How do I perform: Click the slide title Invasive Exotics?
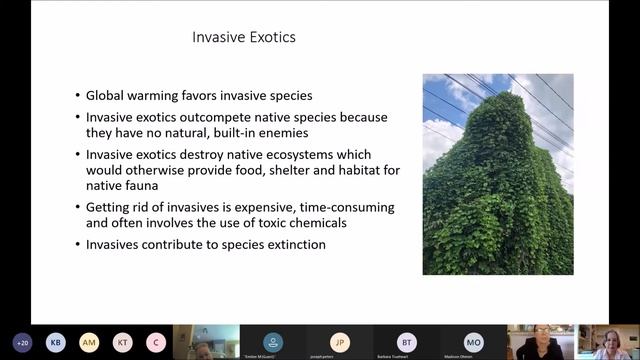point(243,39)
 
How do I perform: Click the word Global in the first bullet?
point(108,97)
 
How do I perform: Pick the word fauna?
point(148,187)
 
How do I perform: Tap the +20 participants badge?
point(21,342)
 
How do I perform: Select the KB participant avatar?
point(56,342)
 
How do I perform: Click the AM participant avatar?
point(89,342)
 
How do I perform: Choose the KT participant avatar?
point(122,342)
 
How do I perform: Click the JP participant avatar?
point(340,342)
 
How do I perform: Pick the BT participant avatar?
point(406,342)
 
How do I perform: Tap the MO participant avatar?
point(473,342)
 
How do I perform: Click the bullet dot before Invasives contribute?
point(78,245)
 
